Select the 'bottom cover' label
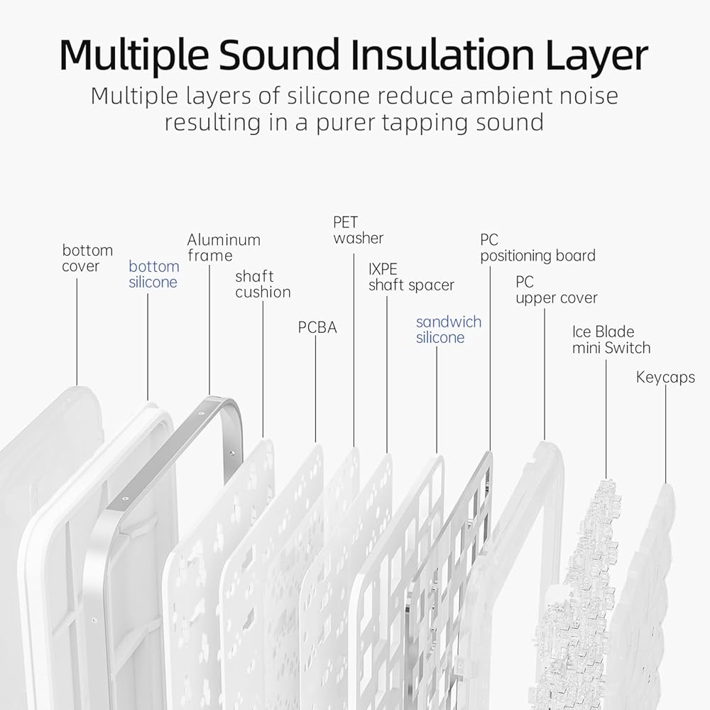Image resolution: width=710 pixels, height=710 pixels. [x=87, y=258]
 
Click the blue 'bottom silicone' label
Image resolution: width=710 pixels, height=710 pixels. [x=153, y=274]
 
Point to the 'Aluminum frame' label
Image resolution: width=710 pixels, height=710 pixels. [x=224, y=248]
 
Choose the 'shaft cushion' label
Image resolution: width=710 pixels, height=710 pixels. [x=263, y=284]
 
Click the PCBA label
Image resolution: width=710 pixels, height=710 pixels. [x=317, y=327]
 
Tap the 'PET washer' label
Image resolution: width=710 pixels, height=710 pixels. [x=358, y=230]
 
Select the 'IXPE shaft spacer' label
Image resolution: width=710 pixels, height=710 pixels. [x=411, y=277]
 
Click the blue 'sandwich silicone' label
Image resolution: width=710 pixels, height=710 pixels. [x=448, y=329]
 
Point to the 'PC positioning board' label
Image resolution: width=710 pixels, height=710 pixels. [x=537, y=248]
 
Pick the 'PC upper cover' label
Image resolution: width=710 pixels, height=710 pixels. [x=556, y=290]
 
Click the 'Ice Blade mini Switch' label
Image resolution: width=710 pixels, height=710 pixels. [x=611, y=339]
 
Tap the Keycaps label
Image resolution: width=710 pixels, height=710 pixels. [x=665, y=377]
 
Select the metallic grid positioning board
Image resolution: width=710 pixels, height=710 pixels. [x=454, y=540]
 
